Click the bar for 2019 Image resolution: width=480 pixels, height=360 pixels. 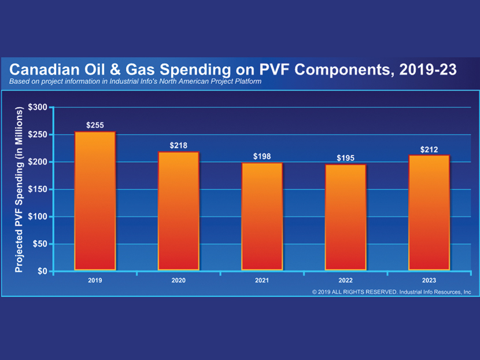pyautogui.click(x=95, y=201)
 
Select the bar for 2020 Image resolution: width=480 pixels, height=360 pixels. pyautogui.click(x=178, y=211)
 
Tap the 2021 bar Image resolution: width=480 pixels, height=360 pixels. pyautogui.click(x=262, y=216)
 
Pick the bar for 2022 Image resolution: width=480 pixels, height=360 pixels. pyautogui.click(x=345, y=218)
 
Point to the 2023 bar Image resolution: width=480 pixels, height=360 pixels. pyautogui.click(x=429, y=213)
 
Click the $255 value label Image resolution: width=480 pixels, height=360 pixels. pyautogui.click(x=95, y=125)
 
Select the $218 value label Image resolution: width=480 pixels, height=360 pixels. pyautogui.click(x=178, y=145)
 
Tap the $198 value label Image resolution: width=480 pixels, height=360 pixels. pyautogui.click(x=262, y=156)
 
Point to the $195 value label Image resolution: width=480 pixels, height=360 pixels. pyautogui.click(x=345, y=158)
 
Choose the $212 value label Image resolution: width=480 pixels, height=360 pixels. pyautogui.click(x=429, y=149)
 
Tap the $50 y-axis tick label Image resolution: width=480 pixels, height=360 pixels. pyautogui.click(x=39, y=244)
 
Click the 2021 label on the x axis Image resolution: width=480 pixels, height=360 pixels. pyautogui.click(x=262, y=280)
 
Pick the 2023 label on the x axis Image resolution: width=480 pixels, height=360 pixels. pyautogui.click(x=429, y=280)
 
